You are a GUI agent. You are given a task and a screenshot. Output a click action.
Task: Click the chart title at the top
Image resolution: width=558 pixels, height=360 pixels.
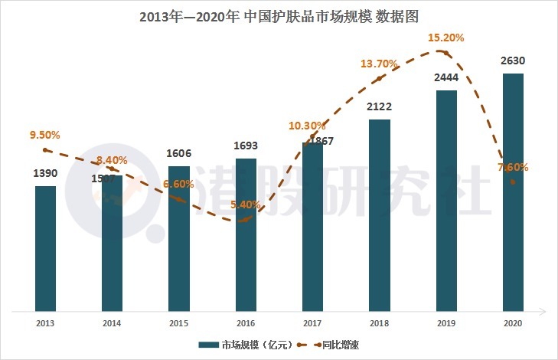(x=279, y=15)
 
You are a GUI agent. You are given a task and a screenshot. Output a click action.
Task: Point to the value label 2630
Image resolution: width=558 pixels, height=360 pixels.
(x=513, y=61)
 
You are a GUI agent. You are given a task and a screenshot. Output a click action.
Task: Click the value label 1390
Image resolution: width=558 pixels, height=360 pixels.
(x=45, y=174)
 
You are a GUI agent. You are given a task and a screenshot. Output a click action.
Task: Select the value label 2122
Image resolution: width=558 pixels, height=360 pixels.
(x=379, y=106)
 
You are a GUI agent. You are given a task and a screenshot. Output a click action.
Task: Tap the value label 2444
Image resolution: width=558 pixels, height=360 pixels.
(x=446, y=78)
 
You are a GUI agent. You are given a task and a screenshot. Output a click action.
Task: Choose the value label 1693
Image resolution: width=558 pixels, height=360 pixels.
(x=246, y=146)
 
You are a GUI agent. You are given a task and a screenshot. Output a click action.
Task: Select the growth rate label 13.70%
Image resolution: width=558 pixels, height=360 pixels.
(x=380, y=63)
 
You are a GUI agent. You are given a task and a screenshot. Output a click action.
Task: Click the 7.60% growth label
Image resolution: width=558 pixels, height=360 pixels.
(x=512, y=167)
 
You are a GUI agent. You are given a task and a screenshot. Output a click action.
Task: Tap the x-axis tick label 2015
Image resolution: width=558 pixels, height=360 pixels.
(x=178, y=324)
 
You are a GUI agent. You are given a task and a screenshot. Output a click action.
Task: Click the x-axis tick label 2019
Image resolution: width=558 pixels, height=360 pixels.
(x=446, y=324)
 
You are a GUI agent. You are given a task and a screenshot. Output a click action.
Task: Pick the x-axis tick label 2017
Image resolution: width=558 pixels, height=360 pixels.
(x=312, y=324)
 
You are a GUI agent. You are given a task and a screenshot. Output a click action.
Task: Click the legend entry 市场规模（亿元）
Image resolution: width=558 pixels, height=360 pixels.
(x=243, y=345)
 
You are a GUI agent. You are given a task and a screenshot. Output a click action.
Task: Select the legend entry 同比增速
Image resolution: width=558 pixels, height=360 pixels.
(x=340, y=345)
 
